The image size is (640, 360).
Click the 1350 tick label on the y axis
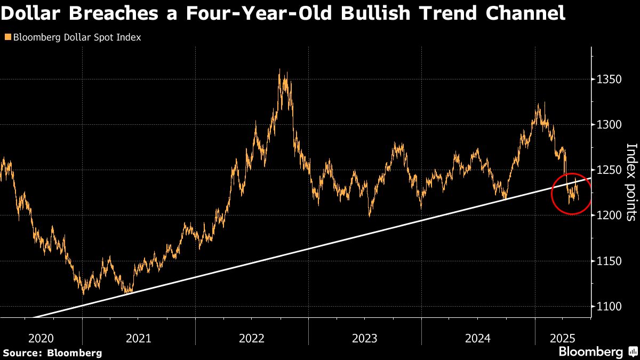coord(609,79)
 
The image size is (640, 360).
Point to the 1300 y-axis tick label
coord(609,125)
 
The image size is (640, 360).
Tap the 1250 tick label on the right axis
coord(609,170)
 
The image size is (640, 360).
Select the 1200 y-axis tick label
coord(609,215)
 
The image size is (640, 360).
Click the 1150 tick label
coord(609,261)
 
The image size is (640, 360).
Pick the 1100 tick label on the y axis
coord(609,306)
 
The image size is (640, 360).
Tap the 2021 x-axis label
coord(139,338)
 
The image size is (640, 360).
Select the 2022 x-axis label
coord(252,338)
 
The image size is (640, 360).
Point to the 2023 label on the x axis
coord(365,338)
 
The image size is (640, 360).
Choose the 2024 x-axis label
coord(478,338)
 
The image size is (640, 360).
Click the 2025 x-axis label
coord(563,338)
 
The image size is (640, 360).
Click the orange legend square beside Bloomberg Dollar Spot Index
coord(7,38)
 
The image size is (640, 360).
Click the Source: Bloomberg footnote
coord(52,353)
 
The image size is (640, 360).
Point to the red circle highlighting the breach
coord(572,194)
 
